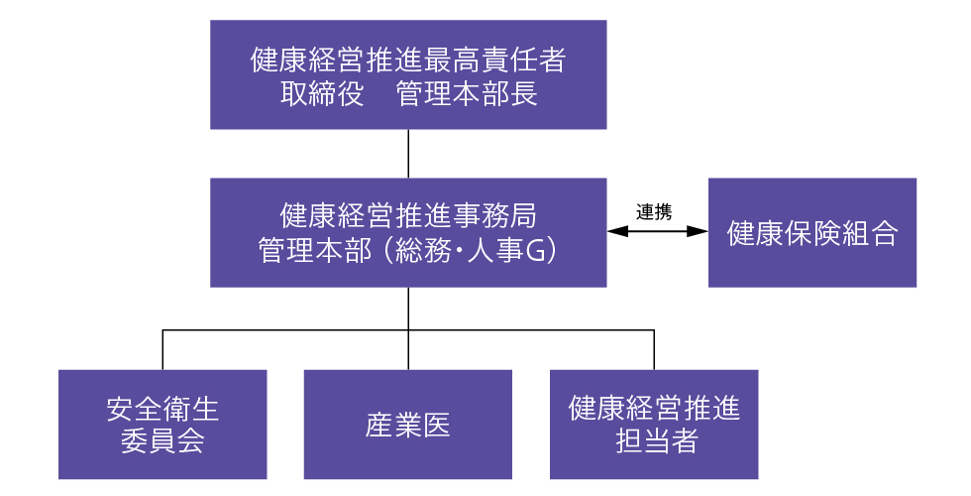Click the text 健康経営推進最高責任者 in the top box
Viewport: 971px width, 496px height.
pyautogui.click(x=408, y=61)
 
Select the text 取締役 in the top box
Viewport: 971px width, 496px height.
pyautogui.click(x=321, y=94)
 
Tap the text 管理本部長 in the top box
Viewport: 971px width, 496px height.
pyautogui.click(x=467, y=94)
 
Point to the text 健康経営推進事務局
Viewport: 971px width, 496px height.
pyautogui.click(x=408, y=216)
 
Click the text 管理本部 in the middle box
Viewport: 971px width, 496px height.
pyautogui.click(x=315, y=250)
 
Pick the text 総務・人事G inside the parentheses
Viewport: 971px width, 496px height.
pyautogui.click(x=470, y=250)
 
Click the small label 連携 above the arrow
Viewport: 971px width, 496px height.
pyautogui.click(x=654, y=212)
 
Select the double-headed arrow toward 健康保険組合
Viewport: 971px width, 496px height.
pyautogui.click(x=657, y=231)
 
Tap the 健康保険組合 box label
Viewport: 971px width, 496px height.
pyautogui.click(x=811, y=233)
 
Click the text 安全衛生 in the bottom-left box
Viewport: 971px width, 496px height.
pyautogui.click(x=162, y=409)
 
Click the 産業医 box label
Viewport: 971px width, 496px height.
pyautogui.click(x=407, y=426)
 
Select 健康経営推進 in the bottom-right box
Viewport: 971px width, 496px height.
pyautogui.click(x=654, y=409)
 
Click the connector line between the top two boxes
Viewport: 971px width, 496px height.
pyautogui.click(x=408, y=154)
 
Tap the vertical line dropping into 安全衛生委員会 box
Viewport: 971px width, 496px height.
pyautogui.click(x=162, y=350)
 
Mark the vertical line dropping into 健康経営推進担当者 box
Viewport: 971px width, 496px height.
pyautogui.click(x=654, y=350)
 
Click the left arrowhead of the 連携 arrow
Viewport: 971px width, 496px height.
pyautogui.click(x=616, y=231)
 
